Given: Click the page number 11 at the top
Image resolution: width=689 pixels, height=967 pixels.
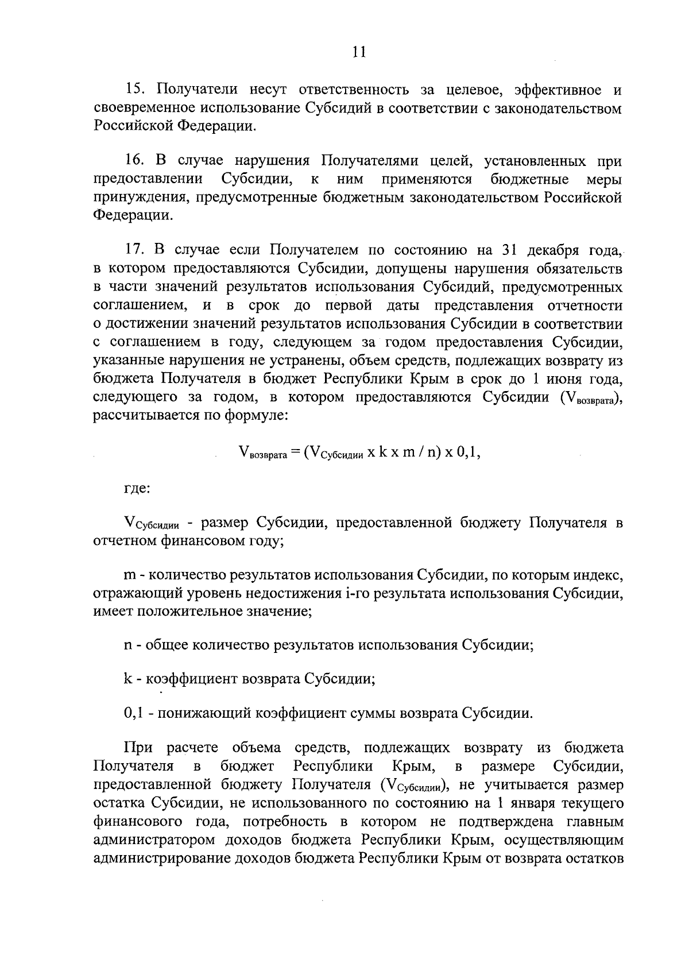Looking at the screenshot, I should pos(358,52).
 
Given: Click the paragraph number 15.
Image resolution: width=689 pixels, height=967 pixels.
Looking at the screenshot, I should pos(137,90).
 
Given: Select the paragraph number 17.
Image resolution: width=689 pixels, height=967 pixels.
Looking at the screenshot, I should pos(137,250).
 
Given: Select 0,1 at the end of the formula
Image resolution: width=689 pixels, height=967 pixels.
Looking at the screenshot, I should pos(468,451).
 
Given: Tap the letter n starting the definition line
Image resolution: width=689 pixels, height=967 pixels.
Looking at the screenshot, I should pos(128,644).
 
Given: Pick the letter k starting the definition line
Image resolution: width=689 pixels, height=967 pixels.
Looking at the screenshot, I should pos(127,679).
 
